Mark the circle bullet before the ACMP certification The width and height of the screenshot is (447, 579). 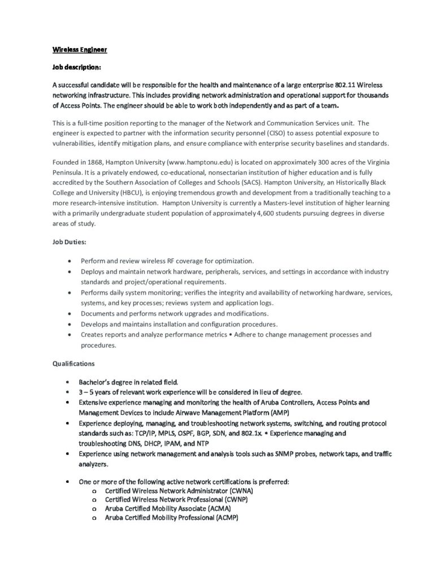tap(93, 518)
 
